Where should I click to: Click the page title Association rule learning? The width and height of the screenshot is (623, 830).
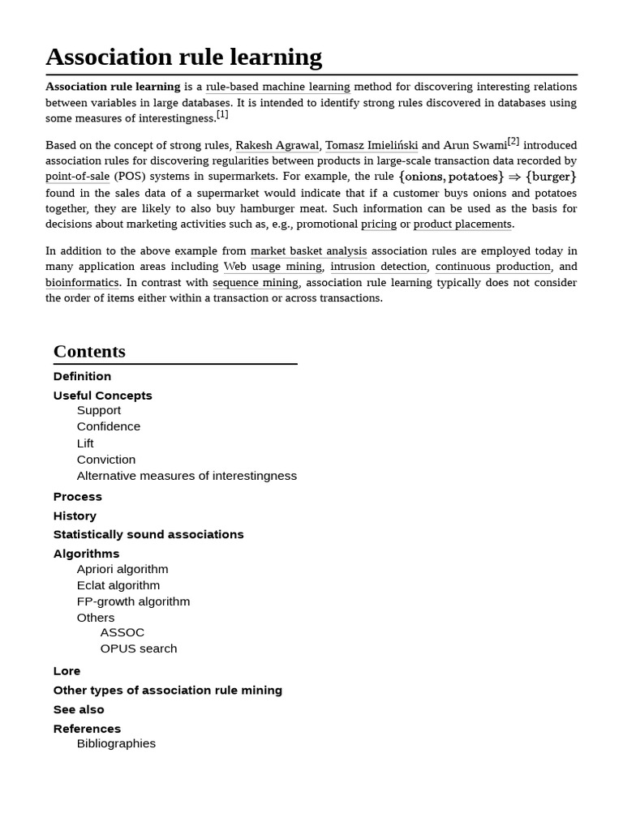click(183, 57)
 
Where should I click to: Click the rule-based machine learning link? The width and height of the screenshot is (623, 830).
click(277, 87)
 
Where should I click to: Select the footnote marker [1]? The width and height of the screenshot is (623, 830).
click(222, 114)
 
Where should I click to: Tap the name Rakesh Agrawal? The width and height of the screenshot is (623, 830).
click(277, 145)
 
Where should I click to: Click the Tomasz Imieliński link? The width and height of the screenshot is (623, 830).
click(372, 145)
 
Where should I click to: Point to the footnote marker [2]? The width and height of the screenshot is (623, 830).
click(513, 141)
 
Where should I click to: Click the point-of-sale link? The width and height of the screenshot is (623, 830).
click(77, 177)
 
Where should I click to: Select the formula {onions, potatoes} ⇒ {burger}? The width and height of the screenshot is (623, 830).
click(488, 177)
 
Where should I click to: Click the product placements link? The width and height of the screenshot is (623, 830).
click(462, 224)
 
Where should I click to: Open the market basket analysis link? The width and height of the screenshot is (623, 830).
click(308, 251)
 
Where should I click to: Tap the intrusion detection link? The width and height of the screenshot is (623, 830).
click(379, 267)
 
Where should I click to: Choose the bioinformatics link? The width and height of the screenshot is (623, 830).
click(82, 283)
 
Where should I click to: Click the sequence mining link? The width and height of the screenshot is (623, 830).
click(256, 283)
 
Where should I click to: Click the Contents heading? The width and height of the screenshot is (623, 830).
click(89, 352)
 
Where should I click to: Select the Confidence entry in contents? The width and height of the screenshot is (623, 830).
click(109, 426)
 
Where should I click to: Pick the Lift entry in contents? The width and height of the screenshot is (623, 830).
click(85, 443)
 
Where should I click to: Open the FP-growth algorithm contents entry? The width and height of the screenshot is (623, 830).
click(133, 601)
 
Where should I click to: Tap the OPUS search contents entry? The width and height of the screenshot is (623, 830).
click(139, 648)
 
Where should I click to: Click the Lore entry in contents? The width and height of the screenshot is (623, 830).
click(67, 671)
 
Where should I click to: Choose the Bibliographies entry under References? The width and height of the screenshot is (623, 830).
click(116, 743)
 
